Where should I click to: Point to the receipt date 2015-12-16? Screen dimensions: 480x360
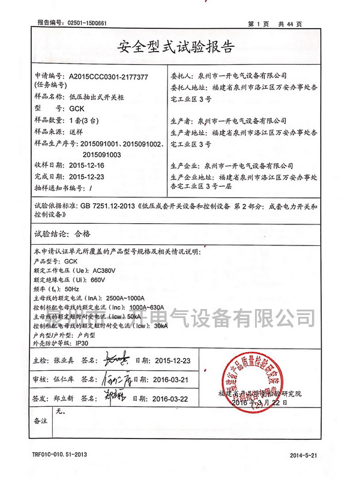pos(88,164)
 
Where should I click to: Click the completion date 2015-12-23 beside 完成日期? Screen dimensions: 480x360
pos(88,177)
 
